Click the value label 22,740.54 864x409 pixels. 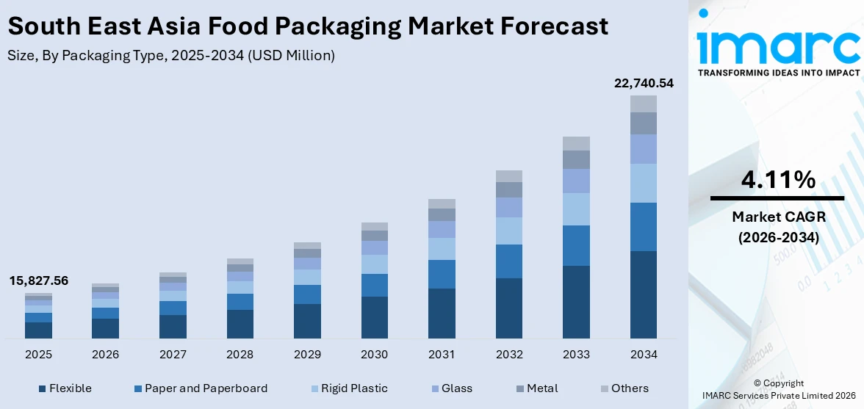pos(644,84)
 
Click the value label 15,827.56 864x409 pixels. pos(38,280)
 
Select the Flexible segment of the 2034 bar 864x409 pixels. pos(644,294)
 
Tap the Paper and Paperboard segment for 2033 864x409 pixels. pos(576,245)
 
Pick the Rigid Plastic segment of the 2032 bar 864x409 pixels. pos(509,231)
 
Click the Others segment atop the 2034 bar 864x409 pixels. pos(644,104)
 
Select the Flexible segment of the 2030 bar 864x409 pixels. pos(374,317)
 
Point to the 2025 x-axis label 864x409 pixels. pos(38,355)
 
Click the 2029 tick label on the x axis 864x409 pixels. pos(307,355)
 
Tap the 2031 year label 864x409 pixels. pos(442,355)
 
